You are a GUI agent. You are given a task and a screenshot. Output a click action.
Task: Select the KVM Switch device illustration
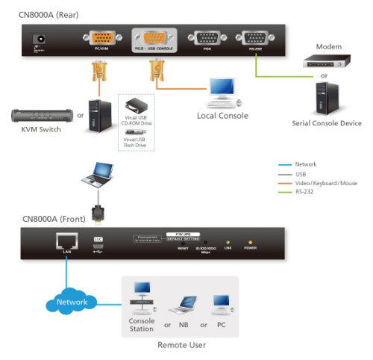pyautogui.click(x=40, y=116)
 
